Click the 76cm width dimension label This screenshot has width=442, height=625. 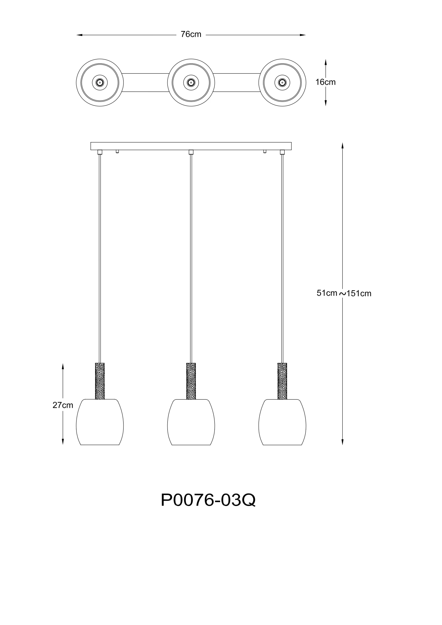[191, 35]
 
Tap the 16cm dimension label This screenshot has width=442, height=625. [326, 82]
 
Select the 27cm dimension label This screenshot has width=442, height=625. [63, 405]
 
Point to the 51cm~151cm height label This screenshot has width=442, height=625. [344, 293]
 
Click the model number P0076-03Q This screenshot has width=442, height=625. [208, 500]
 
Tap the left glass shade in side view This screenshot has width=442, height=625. [100, 422]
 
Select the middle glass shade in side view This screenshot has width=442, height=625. [191, 422]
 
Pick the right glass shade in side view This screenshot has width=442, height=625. [282, 422]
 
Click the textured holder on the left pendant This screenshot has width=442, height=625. [100, 381]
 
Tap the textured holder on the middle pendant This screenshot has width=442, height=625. [191, 381]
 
